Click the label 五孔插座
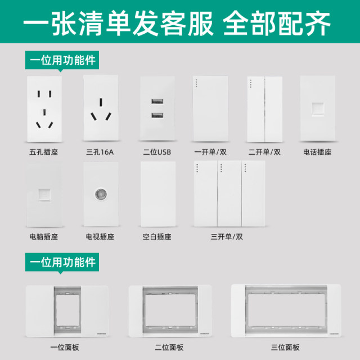point(44,152)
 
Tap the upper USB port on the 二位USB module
point(157,101)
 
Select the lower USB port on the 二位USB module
point(157,115)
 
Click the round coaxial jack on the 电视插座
point(101,194)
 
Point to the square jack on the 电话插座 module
point(318,110)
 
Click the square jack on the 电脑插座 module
point(44,195)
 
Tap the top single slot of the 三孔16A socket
point(101,102)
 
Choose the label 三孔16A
point(100,152)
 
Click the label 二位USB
point(157,152)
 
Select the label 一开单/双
point(210,152)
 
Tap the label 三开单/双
point(227,237)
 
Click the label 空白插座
point(157,237)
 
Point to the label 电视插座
point(100,237)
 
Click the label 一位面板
point(65,348)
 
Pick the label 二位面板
point(169,348)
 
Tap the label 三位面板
point(285,348)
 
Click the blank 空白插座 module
point(158,194)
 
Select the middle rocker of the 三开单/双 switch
point(229,193)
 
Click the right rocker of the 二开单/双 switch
point(274,109)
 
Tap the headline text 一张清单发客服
point(119,24)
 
